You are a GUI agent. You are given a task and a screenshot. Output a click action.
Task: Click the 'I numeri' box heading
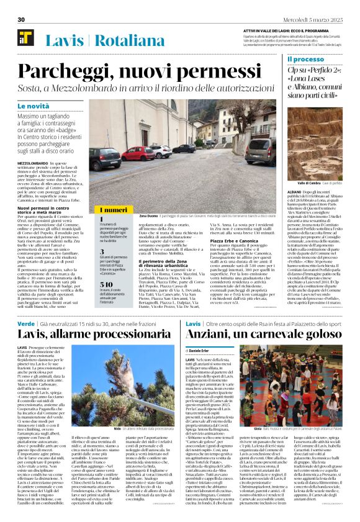click(x=113, y=210)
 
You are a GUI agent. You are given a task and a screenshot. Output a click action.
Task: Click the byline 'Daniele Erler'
click(x=204, y=351)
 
